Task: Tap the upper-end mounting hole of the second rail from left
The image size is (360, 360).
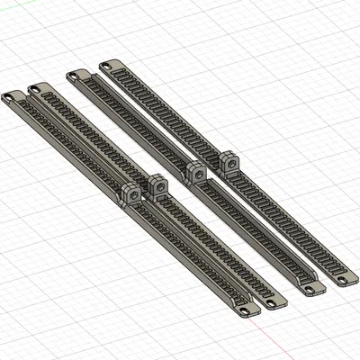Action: pyautogui.click(x=36, y=89)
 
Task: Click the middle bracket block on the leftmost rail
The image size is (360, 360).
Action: pyautogui.click(x=130, y=195)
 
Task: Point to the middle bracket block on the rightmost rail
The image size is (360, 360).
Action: pyautogui.click(x=228, y=163)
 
